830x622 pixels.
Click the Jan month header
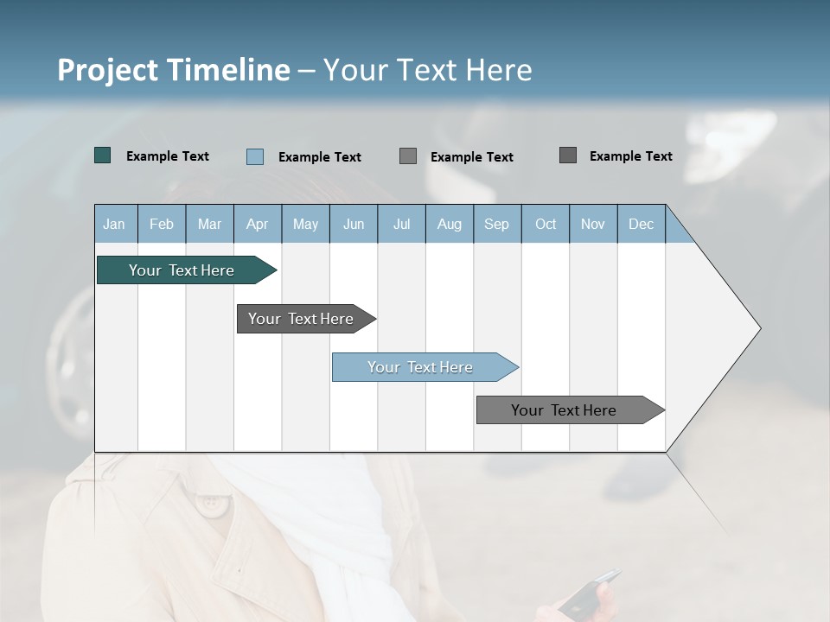pyautogui.click(x=115, y=224)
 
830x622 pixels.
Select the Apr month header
pyautogui.click(x=258, y=224)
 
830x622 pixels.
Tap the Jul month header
pyautogui.click(x=401, y=224)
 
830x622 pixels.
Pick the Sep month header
pyautogui.click(x=497, y=224)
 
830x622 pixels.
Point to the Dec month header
pyautogui.click(x=641, y=224)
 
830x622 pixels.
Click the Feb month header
pyautogui.click(x=162, y=224)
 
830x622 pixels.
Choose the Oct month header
pyautogui.click(x=546, y=224)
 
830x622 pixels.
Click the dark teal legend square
pyautogui.click(x=103, y=155)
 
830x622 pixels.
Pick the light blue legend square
pyautogui.click(x=255, y=156)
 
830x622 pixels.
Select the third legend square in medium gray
pyautogui.click(x=408, y=156)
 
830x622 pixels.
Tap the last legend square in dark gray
pyautogui.click(x=568, y=155)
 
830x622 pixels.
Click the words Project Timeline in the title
pyautogui.click(x=173, y=70)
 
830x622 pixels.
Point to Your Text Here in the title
pyautogui.click(x=427, y=70)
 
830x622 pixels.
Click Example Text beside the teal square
pyautogui.click(x=167, y=156)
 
